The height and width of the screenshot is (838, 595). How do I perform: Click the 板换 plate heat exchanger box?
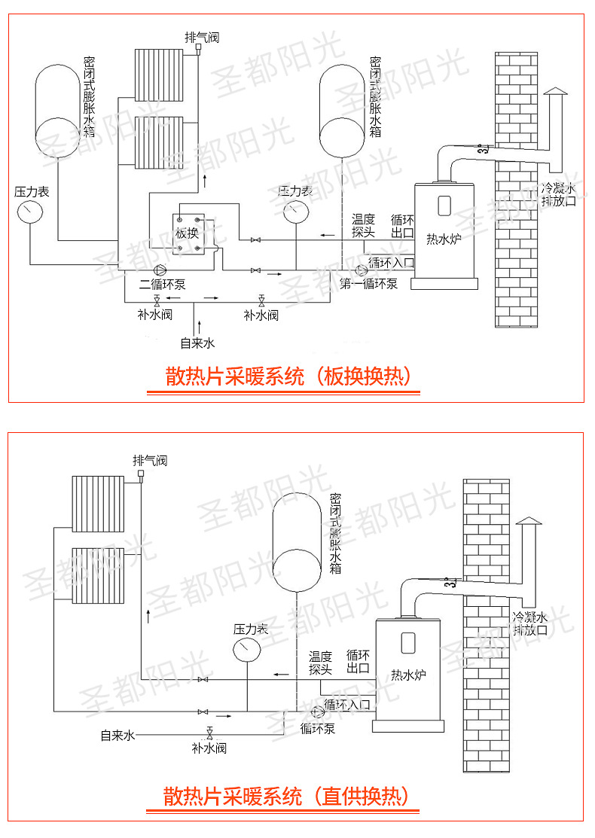click(x=188, y=234)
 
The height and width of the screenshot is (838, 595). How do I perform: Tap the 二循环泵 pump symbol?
click(x=160, y=270)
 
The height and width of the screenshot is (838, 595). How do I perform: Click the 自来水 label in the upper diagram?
click(x=197, y=343)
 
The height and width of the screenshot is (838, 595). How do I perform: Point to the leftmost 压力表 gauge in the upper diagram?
click(x=30, y=212)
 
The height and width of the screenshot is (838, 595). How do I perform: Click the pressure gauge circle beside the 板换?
click(x=296, y=212)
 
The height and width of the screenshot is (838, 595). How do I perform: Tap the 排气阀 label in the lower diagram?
click(x=150, y=460)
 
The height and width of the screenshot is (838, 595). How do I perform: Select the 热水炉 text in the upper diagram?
click(x=444, y=239)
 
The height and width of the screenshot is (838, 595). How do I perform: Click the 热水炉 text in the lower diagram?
click(x=408, y=675)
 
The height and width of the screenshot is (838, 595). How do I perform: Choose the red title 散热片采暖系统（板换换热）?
click(x=288, y=376)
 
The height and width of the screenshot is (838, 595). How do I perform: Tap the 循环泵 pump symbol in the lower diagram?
click(x=318, y=712)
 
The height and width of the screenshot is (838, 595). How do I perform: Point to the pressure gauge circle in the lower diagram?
click(x=247, y=650)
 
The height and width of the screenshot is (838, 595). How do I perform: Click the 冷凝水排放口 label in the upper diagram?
click(x=559, y=194)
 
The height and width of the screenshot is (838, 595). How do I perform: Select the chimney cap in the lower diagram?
click(x=528, y=521)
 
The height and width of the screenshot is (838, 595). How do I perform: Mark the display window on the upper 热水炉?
click(x=444, y=206)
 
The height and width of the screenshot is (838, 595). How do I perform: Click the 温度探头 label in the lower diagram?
click(x=320, y=663)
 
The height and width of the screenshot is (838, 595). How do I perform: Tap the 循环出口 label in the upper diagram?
click(x=402, y=226)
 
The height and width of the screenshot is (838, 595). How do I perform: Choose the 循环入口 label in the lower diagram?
click(x=347, y=705)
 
